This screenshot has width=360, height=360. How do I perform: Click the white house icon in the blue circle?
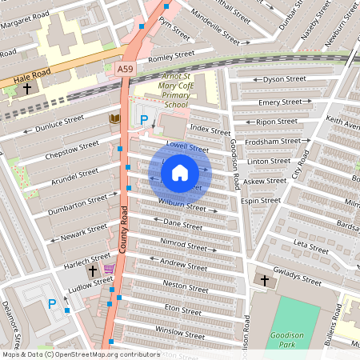(180, 172)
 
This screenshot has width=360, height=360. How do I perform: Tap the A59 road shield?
(126, 70)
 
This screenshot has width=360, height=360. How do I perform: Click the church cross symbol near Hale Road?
(27, 88)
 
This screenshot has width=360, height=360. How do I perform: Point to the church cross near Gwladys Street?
(265, 280)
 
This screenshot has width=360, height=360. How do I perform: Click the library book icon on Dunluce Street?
(114, 119)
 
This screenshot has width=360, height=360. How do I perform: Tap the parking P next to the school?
(144, 120)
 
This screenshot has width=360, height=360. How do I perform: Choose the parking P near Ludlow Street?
(53, 304)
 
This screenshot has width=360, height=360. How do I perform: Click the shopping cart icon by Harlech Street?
(108, 269)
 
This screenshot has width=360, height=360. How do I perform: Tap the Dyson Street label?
(284, 79)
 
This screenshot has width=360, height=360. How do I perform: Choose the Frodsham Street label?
(274, 141)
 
